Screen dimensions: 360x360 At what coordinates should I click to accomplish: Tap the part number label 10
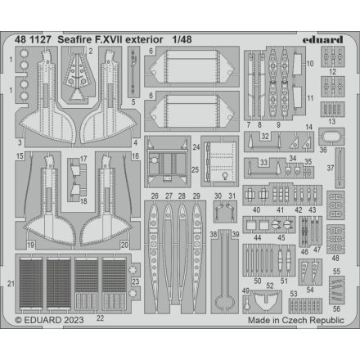[310, 62]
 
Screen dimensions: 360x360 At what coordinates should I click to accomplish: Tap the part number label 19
[30, 244]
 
